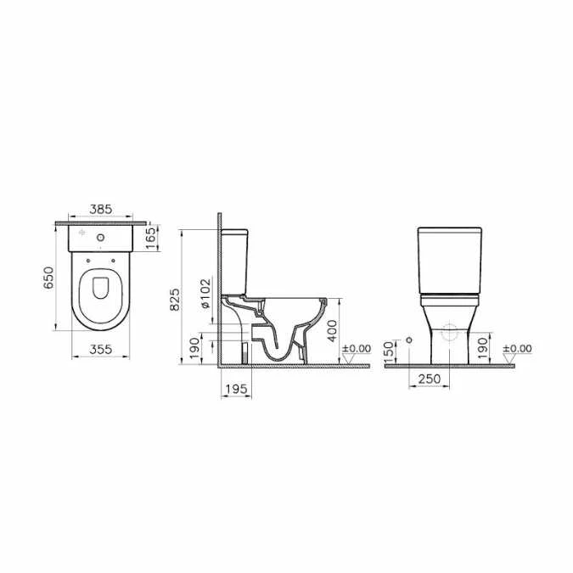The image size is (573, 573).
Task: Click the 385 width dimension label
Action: [101, 208]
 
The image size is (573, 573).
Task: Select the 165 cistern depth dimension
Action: [150, 235]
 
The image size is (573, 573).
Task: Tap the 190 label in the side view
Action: [194, 347]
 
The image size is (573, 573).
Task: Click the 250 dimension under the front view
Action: [429, 379]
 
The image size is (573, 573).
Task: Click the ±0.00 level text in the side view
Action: [357, 348]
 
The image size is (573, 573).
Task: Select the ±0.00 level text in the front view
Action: [519, 348]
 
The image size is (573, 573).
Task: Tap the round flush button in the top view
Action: [101, 237]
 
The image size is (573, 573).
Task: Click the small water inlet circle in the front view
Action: [410, 340]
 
